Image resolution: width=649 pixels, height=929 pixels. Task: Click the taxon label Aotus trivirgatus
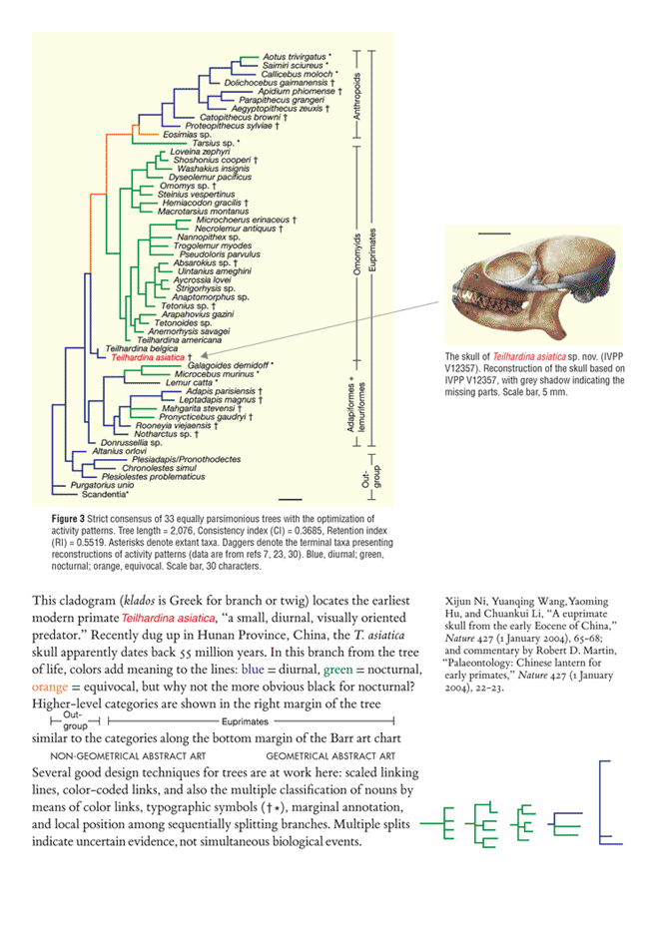click(295, 47)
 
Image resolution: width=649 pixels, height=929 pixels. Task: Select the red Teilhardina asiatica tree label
click(150, 355)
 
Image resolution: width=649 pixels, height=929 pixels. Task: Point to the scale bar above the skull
click(486, 232)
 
